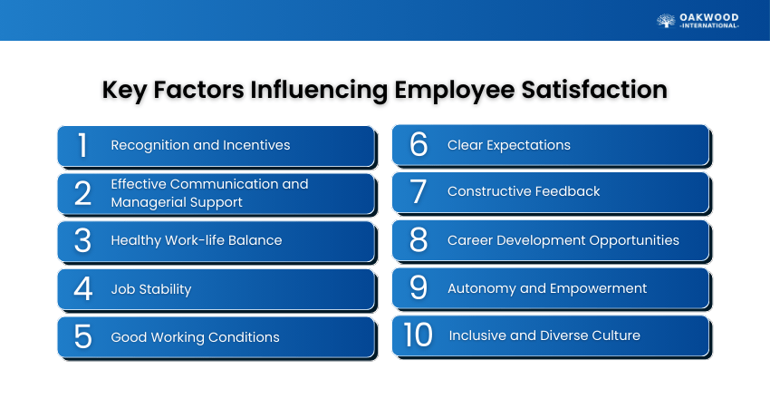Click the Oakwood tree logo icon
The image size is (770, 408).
point(666,21)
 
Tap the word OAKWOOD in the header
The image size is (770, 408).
point(708,18)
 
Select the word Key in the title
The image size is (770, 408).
point(125,91)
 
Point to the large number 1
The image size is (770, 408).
point(82,145)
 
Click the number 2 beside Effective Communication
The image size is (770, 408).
point(82,193)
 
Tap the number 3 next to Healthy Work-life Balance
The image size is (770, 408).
point(82,240)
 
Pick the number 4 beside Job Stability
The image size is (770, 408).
point(83,288)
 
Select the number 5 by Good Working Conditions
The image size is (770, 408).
point(82,336)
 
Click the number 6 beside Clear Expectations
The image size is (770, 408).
point(419,144)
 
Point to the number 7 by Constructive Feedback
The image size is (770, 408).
point(418,191)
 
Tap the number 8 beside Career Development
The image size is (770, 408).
point(419,240)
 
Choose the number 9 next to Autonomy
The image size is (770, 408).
point(419,287)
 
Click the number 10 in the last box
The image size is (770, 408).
point(418,335)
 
